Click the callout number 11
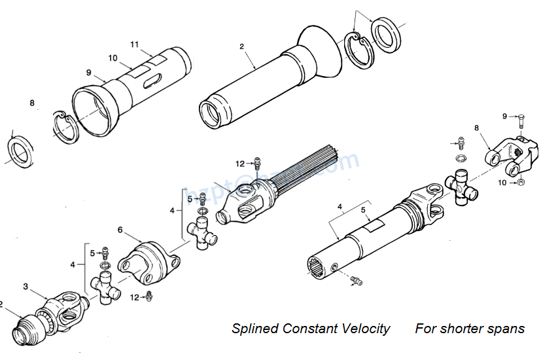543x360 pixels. [134, 45]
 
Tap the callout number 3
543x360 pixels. [26, 286]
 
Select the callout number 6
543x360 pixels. [120, 230]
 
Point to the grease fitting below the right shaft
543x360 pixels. [355, 281]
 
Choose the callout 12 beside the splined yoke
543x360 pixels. [240, 163]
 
